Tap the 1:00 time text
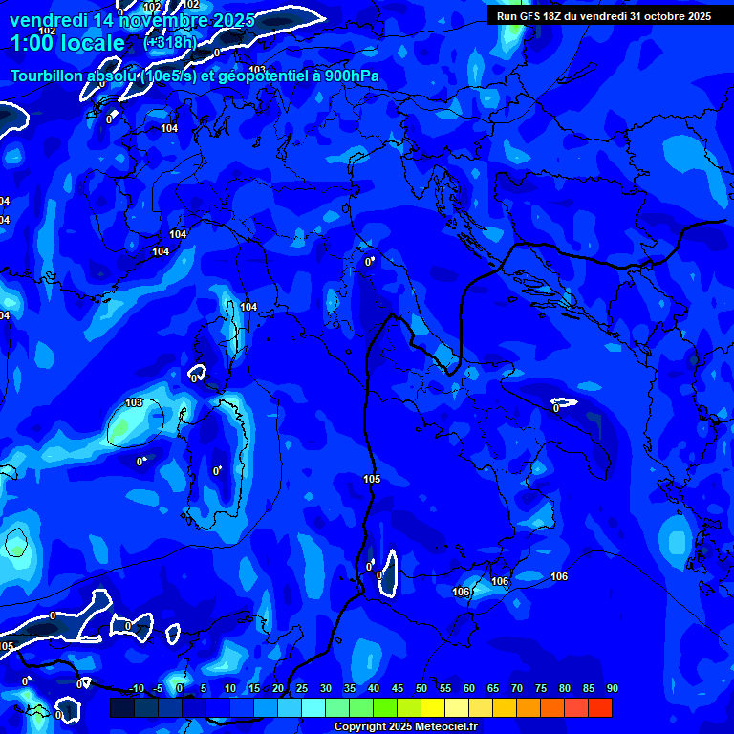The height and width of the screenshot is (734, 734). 35,43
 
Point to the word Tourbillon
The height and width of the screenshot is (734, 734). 51,76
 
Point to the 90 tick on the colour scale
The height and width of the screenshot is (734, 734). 612,689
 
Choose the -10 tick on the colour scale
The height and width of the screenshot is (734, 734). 136,689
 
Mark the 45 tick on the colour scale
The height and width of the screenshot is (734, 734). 397,689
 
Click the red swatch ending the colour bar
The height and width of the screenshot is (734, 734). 600,707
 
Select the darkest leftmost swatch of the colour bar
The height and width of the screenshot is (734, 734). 121,707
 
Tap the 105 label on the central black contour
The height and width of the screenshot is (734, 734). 372,479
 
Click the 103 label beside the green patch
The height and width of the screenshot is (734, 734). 134,403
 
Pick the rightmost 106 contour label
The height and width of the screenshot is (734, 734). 559,576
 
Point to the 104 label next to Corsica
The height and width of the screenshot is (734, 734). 248,307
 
